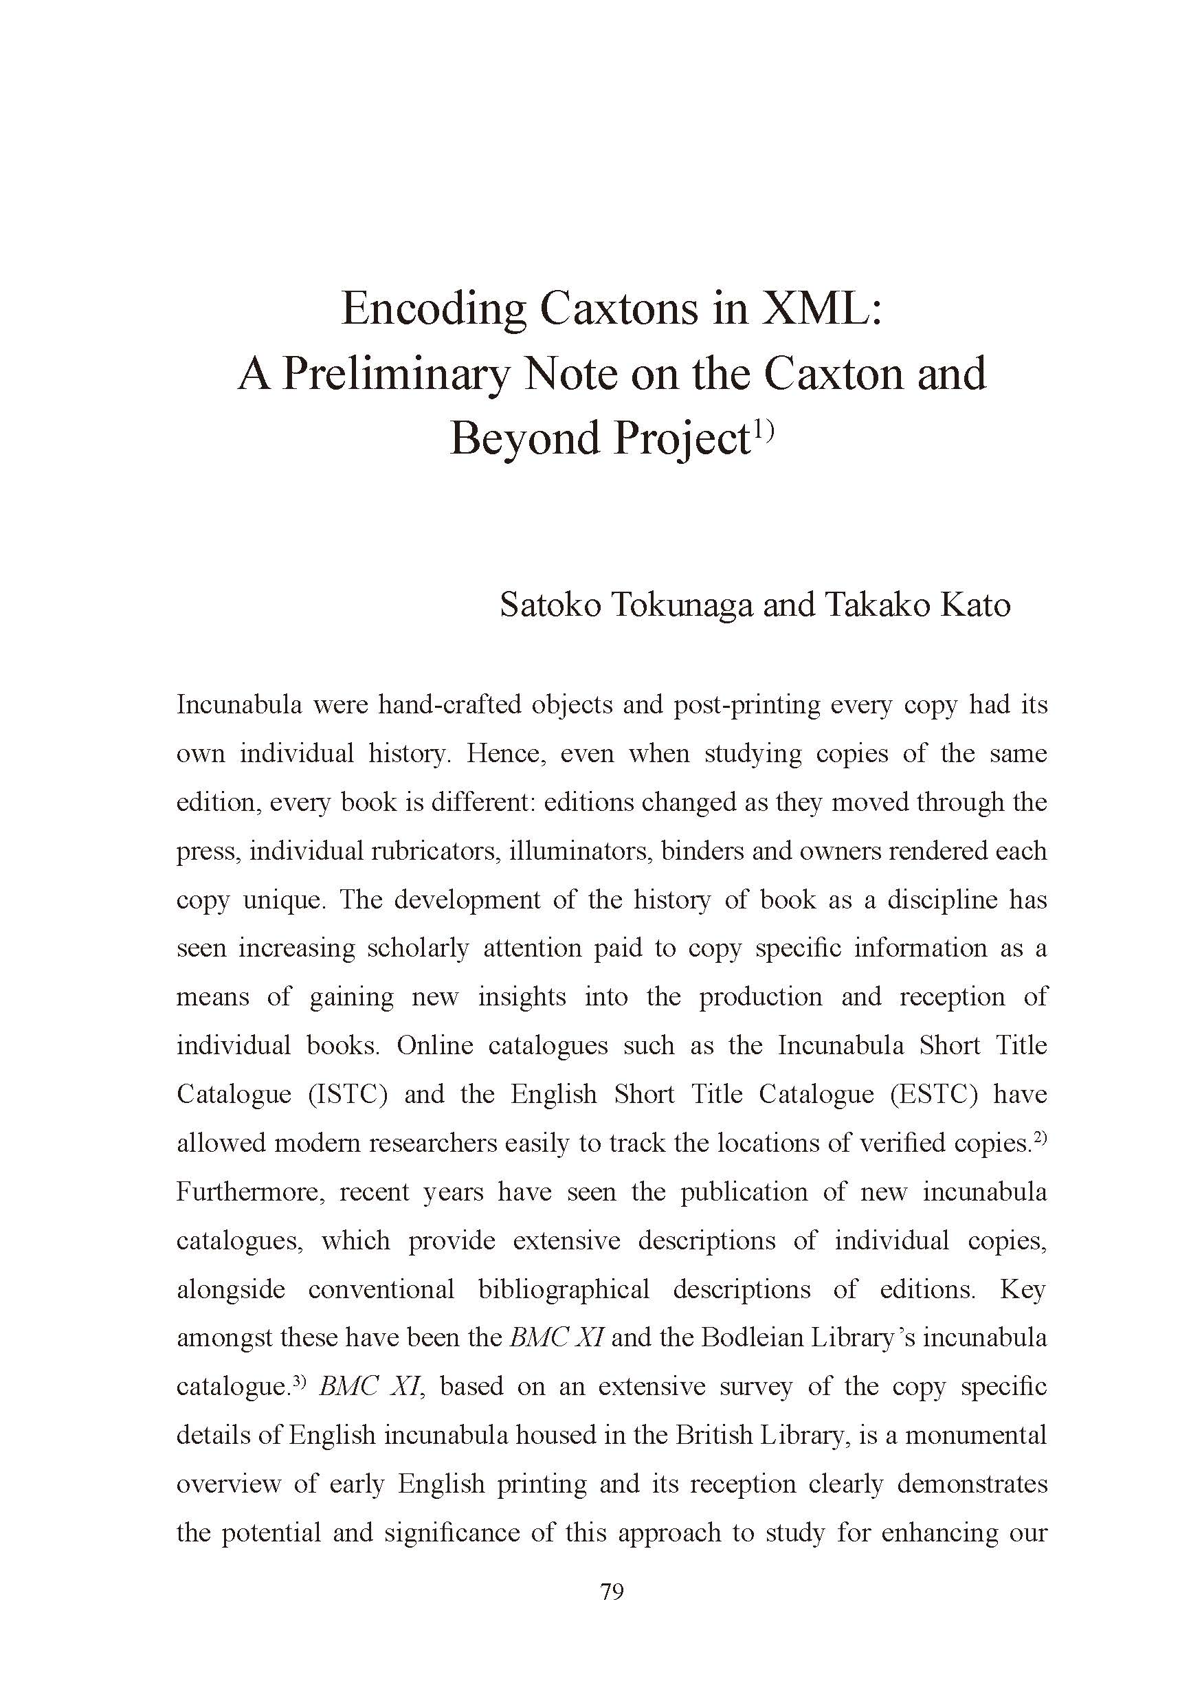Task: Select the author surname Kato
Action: pos(975,605)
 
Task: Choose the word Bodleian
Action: pos(754,1337)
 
